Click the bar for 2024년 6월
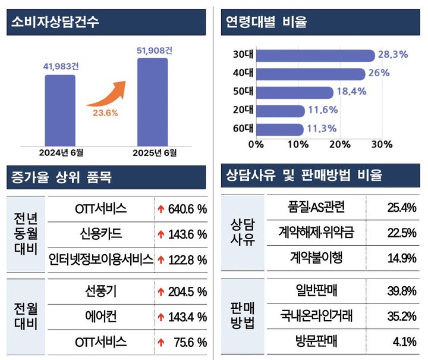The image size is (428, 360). [59, 110]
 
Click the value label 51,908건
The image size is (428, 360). [153, 50]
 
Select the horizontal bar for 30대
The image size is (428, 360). [315, 55]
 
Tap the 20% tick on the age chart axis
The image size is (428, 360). [339, 145]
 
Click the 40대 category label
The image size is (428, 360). [243, 74]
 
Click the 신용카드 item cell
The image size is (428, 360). [100, 234]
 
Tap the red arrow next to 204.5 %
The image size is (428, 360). [160, 292]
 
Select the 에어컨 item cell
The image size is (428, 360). [100, 317]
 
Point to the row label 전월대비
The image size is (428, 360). [26, 317]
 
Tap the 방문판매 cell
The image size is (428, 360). [316, 342]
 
